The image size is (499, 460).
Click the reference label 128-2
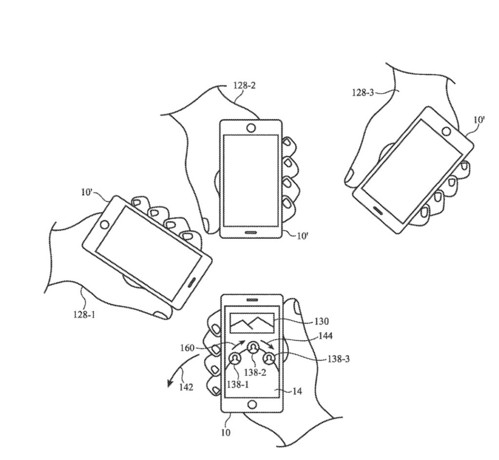pos(245,86)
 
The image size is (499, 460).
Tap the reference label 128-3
pos(363,93)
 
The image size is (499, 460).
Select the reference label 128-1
pos(84,315)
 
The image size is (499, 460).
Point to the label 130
pos(321,322)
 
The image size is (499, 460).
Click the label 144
pos(325,336)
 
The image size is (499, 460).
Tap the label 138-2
pos(254,372)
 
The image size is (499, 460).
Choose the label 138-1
pos(238,384)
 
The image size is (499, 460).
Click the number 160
pos(187,348)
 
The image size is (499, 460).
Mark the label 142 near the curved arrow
pos(186,387)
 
